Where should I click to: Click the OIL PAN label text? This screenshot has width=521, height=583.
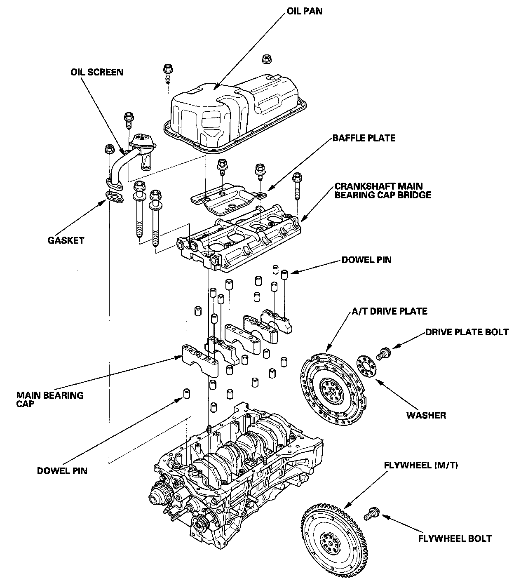304,12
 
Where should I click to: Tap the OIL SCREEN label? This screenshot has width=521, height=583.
96,73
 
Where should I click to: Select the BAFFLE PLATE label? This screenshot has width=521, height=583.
364,138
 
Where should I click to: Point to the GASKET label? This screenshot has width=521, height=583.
66,240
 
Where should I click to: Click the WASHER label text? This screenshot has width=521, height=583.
426,415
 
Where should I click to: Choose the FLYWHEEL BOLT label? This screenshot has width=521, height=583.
455,538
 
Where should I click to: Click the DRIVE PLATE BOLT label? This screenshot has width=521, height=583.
467,332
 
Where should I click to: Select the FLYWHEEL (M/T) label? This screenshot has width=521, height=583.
421,465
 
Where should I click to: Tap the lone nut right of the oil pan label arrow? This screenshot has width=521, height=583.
266,59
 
